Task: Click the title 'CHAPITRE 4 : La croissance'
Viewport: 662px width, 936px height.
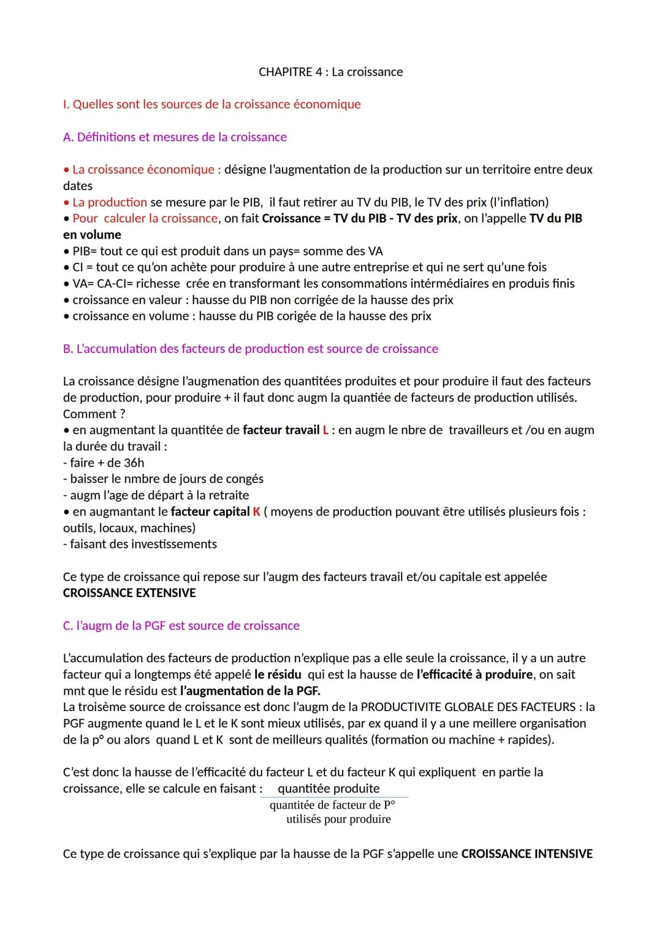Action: (330, 72)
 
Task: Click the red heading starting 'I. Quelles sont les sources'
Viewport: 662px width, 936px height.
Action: (211, 104)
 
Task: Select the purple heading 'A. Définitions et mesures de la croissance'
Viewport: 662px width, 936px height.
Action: (175, 137)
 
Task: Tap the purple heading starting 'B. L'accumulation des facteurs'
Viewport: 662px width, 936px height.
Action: (250, 348)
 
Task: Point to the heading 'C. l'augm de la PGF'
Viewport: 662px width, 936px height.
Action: (181, 625)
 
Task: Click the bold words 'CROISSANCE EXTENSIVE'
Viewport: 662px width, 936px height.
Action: (129, 593)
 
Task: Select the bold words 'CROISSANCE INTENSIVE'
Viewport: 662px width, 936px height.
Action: (527, 853)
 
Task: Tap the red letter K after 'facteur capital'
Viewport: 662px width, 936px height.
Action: (256, 511)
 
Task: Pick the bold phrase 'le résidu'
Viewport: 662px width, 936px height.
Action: (278, 674)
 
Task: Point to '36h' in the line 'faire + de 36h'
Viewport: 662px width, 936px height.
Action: (134, 462)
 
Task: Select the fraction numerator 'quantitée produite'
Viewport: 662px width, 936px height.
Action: (329, 788)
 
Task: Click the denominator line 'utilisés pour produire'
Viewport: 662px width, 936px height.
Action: (338, 819)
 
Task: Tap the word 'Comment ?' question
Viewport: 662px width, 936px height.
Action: (94, 414)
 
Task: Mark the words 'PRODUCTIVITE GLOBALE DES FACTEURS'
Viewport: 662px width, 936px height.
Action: (468, 707)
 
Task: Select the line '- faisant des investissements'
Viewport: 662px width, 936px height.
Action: (140, 544)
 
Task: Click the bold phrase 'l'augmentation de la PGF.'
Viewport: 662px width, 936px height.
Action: (250, 690)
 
